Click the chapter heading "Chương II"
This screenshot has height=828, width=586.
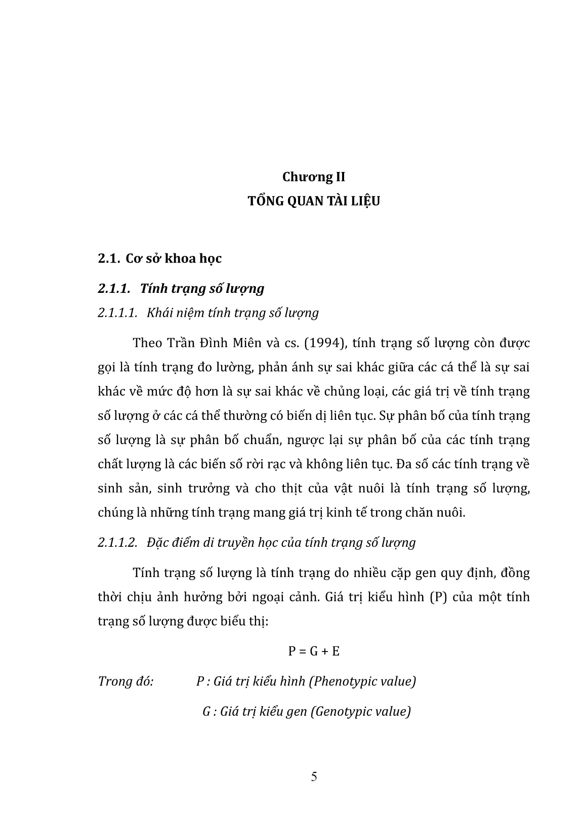(x=314, y=177)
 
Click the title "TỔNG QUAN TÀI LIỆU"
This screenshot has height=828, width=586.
(x=314, y=201)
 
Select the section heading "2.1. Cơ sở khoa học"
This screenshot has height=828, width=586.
(x=160, y=258)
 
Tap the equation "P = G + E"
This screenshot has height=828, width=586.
(x=314, y=651)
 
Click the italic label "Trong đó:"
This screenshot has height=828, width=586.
(x=125, y=681)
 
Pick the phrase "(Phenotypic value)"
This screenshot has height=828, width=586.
(x=362, y=681)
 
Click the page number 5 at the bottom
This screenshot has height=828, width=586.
(x=314, y=776)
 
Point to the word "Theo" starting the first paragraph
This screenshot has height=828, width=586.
(x=147, y=343)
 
